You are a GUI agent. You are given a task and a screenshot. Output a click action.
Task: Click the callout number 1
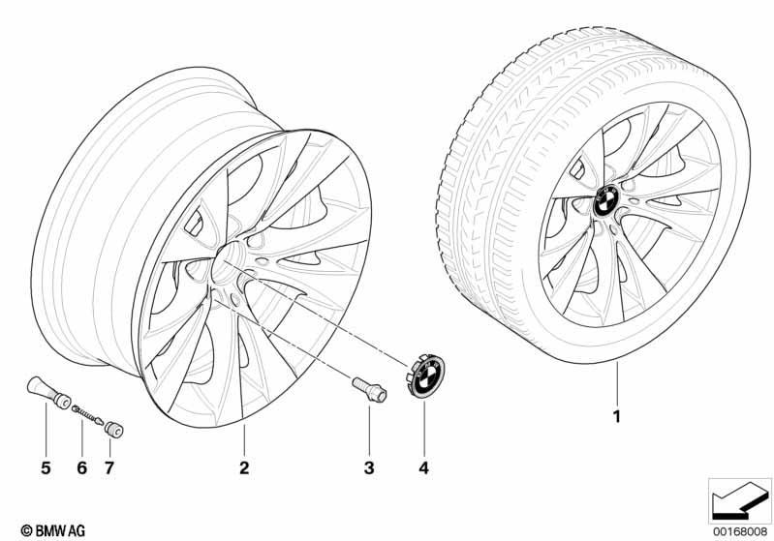coord(616,417)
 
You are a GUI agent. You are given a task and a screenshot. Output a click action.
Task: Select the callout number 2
coord(244,467)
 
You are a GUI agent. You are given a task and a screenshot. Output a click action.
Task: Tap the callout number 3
coord(369,467)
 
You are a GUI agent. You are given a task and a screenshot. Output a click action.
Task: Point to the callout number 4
coord(424,467)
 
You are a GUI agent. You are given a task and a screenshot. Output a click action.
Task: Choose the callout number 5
coord(46,467)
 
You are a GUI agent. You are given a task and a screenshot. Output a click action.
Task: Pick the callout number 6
coord(82,467)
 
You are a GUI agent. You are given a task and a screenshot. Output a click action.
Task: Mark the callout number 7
coord(109,467)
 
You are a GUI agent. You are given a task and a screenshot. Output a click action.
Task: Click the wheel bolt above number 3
coord(370,389)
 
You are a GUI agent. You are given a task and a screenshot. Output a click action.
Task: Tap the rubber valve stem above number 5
coord(47,392)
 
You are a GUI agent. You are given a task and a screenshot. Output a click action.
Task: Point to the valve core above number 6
coord(87,414)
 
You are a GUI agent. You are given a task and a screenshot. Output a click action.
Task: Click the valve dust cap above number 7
coord(114,429)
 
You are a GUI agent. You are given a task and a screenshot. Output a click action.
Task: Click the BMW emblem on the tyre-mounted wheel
coord(606,201)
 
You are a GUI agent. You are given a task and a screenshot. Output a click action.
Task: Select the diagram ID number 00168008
coord(740,531)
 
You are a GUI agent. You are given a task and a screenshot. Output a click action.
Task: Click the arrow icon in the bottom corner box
coord(740,503)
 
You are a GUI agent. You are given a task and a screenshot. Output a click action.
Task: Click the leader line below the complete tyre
coord(617,384)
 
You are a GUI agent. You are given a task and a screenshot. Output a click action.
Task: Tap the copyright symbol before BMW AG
coord(27,530)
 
